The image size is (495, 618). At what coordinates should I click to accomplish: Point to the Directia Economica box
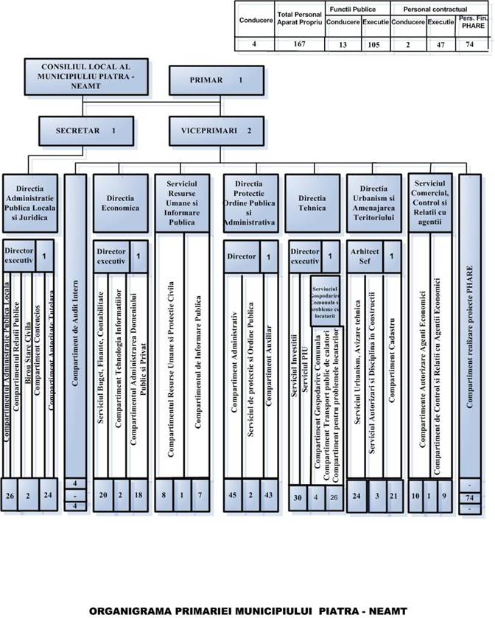pyautogui.click(x=122, y=203)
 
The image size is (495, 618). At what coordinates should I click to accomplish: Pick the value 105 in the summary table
pyautogui.click(x=376, y=43)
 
